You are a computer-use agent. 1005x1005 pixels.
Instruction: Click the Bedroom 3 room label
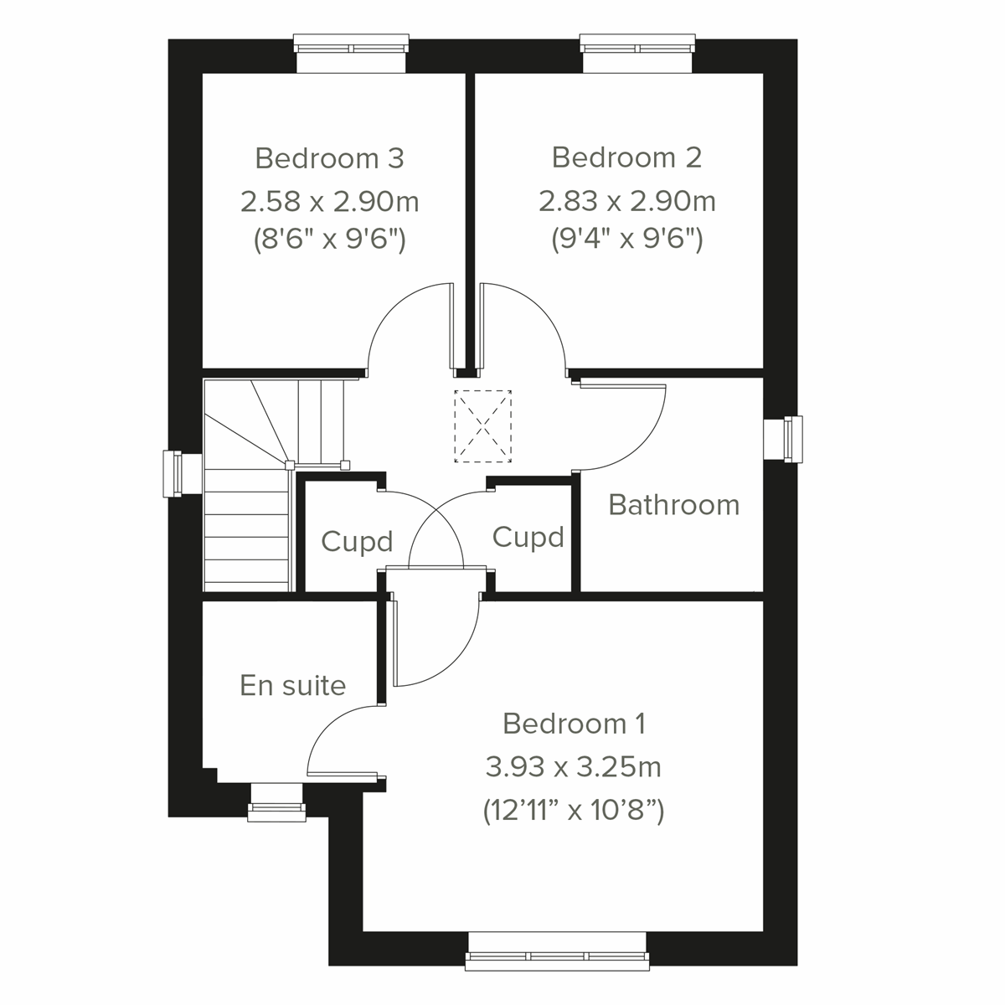click(x=329, y=158)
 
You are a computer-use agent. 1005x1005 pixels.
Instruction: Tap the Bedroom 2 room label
click(x=626, y=157)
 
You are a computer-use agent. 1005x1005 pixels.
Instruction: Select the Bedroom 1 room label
click(x=574, y=724)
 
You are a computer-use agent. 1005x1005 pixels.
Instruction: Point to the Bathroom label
click(x=673, y=505)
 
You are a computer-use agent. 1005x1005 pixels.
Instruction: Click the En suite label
click(x=292, y=686)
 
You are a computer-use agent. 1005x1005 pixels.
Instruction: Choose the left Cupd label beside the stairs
click(x=357, y=542)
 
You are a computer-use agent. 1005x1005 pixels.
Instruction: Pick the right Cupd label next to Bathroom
click(x=528, y=537)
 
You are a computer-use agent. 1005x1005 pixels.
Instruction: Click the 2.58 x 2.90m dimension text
click(x=329, y=202)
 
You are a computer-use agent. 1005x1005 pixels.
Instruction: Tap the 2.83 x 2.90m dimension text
click(x=626, y=202)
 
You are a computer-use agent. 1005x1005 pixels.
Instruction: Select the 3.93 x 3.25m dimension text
click(x=574, y=766)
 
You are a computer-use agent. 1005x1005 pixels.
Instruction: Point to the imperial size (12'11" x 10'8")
click(x=574, y=811)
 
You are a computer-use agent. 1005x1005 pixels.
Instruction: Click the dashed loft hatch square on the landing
click(x=482, y=426)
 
